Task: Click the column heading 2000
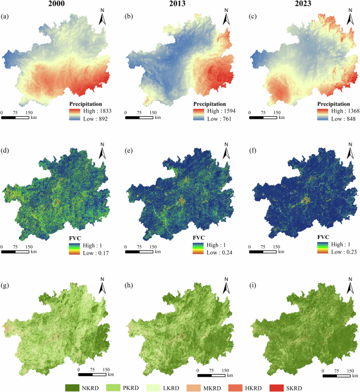58,5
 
